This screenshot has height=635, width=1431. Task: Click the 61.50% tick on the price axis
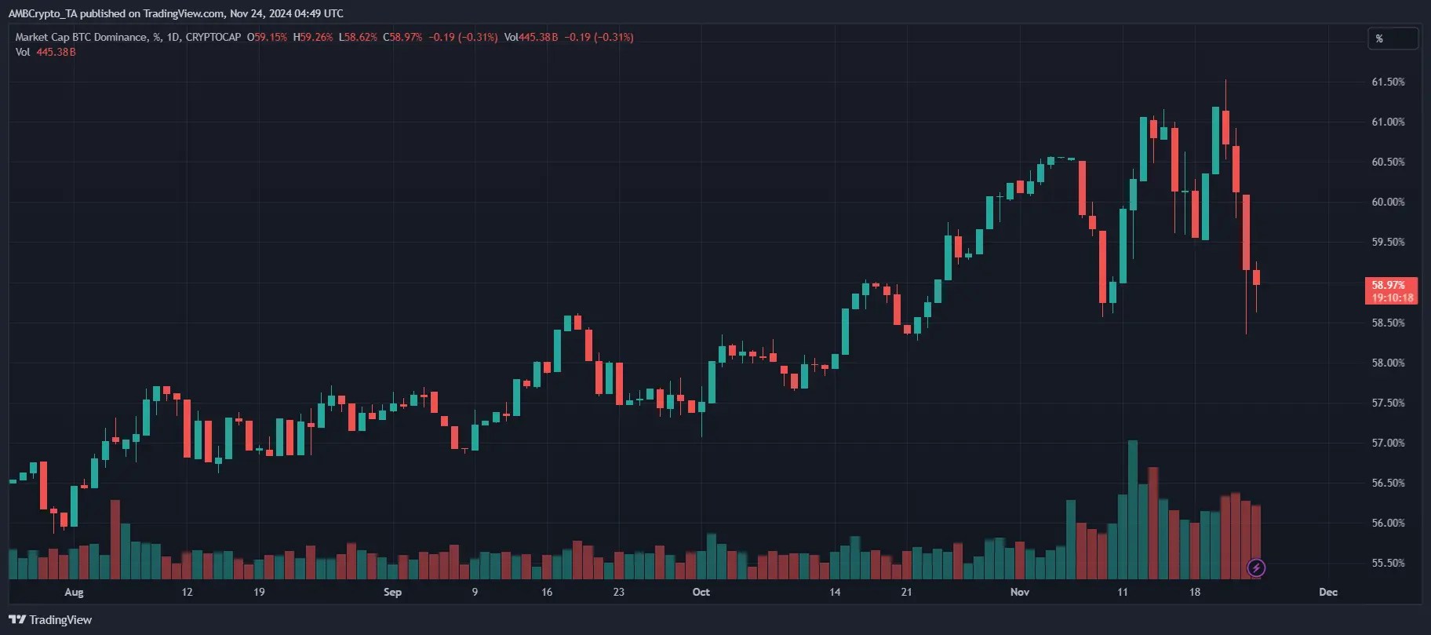1387,82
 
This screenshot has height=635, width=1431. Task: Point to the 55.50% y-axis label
1387,563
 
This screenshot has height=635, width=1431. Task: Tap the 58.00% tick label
1387,363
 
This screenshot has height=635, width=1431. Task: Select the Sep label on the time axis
392,592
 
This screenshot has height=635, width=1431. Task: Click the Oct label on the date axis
701,592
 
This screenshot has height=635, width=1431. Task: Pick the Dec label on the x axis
1327,592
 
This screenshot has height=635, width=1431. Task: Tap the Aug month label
74,592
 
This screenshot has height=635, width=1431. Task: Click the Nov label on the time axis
1019,592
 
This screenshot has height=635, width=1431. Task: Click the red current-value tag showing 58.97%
1391,290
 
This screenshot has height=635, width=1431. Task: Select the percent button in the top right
1392,38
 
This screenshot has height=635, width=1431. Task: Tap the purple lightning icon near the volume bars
1256,567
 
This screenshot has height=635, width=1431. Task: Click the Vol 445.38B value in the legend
56,52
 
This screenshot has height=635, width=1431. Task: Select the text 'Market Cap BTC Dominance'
81,37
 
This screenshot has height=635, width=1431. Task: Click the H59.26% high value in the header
313,37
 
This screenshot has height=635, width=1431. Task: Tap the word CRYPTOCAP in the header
213,37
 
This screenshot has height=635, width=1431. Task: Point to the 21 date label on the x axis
906,592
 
